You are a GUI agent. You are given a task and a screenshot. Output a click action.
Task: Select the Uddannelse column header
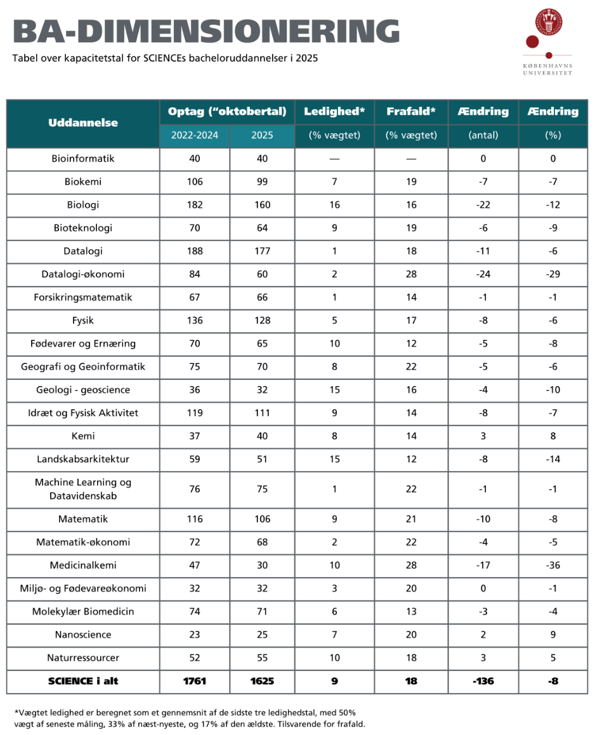tap(83, 123)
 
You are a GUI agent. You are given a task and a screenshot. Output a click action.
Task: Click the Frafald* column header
tap(411, 112)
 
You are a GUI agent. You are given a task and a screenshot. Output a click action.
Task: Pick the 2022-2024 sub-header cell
tap(195, 135)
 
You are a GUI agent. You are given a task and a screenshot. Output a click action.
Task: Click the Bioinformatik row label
tap(83, 159)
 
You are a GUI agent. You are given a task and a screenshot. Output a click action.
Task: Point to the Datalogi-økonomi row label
tap(83, 274)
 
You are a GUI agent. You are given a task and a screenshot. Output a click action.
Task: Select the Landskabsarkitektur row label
tap(83, 459)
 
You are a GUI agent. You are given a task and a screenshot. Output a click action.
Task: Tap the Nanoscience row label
tap(83, 635)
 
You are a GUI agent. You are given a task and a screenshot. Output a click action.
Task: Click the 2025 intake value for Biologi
tap(261, 205)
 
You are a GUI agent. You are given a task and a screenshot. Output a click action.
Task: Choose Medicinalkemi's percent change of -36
tap(553, 565)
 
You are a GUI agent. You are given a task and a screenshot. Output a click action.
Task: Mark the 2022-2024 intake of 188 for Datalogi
tap(195, 251)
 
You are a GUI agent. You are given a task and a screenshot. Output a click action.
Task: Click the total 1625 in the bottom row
tap(261, 682)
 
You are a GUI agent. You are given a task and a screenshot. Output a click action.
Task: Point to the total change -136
tap(483, 682)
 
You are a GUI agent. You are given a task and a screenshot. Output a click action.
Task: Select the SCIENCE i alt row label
tap(83, 682)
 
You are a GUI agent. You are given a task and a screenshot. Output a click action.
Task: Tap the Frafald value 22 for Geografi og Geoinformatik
tap(411, 367)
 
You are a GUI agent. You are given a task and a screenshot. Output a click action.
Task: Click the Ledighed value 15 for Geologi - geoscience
tap(334, 390)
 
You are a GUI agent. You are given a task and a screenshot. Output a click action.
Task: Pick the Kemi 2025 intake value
tap(261, 436)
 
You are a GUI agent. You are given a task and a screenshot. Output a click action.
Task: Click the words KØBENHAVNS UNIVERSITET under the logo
tap(547, 68)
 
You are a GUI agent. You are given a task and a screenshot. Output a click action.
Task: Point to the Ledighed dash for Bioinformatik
tap(334, 159)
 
